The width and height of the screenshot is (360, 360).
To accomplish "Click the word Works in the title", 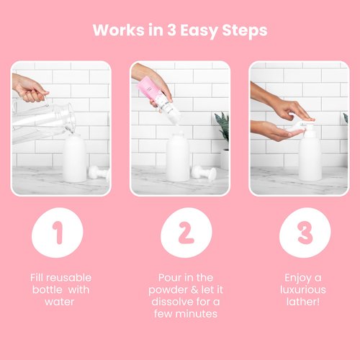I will coord(117,31).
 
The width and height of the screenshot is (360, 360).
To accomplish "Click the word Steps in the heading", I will coord(245,31).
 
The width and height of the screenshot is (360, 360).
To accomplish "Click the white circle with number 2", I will coord(180,233).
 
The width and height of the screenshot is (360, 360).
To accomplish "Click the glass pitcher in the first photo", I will coord(40,122).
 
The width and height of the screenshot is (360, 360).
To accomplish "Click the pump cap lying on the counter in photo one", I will coord(99,173).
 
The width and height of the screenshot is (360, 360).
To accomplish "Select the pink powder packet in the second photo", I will coord(149,91).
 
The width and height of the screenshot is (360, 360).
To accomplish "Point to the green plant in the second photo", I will coord(222,130).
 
